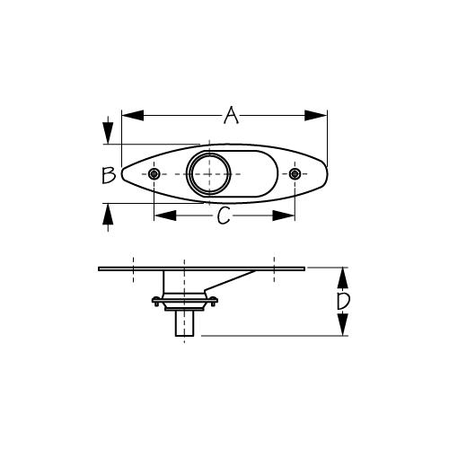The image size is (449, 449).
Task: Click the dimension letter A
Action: (x=232, y=116)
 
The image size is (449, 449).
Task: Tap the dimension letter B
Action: (x=108, y=174)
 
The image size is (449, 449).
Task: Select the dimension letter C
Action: (x=225, y=216)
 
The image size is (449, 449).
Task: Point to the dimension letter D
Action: (x=342, y=302)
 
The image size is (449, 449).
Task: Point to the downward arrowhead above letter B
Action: (x=108, y=134)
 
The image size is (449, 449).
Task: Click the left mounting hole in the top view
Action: (x=154, y=173)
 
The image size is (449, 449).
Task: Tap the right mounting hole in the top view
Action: (x=295, y=173)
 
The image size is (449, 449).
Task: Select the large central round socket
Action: (x=208, y=173)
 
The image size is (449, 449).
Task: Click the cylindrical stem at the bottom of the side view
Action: (x=185, y=323)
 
